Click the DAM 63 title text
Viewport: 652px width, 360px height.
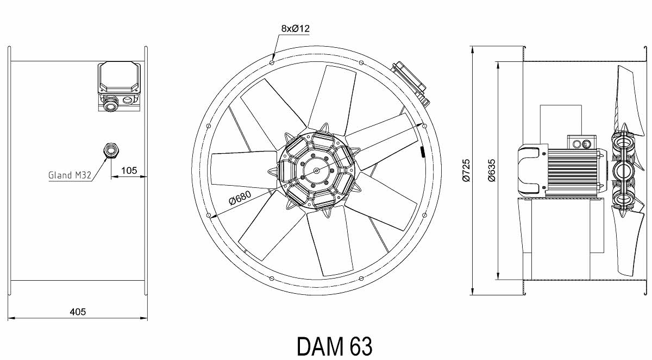[335, 346]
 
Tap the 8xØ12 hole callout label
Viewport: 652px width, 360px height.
[295, 28]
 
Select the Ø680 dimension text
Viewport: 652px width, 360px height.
[240, 198]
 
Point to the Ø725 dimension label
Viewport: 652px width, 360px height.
[466, 170]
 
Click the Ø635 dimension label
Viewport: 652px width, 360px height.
[491, 170]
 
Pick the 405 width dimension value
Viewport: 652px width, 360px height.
[78, 312]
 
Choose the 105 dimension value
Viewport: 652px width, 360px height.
[129, 170]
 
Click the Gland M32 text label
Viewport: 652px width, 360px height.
[70, 175]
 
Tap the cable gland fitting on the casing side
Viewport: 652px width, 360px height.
[111, 150]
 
